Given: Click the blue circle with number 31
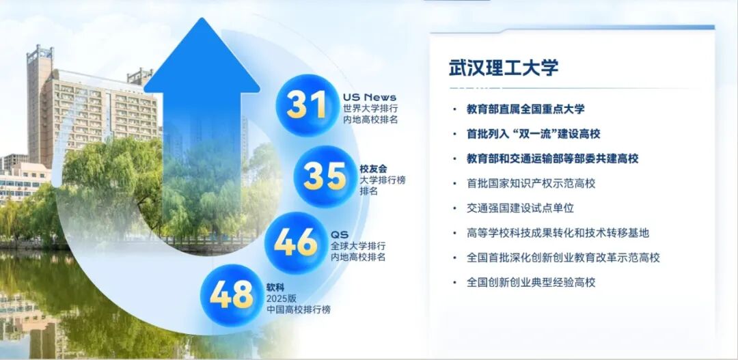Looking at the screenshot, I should tap(306, 105).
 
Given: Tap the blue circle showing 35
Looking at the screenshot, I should tap(325, 176).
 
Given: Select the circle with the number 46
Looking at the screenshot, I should tap(296, 243).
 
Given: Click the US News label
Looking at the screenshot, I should tap(370, 97).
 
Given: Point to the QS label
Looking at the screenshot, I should tap(340, 234).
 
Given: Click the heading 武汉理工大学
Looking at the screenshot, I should tap(504, 68).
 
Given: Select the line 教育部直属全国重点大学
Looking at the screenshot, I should tap(525, 109).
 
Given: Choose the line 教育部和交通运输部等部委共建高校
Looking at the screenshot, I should tap(552, 158).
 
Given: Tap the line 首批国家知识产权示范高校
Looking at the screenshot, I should tap(531, 183).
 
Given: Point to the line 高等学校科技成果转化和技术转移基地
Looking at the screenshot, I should tap(558, 233).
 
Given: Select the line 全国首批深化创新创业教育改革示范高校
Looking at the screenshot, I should tap(563, 258).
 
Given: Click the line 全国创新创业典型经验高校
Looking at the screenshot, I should tap(531, 282).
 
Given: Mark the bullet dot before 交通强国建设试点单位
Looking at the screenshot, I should tap(454, 208).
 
